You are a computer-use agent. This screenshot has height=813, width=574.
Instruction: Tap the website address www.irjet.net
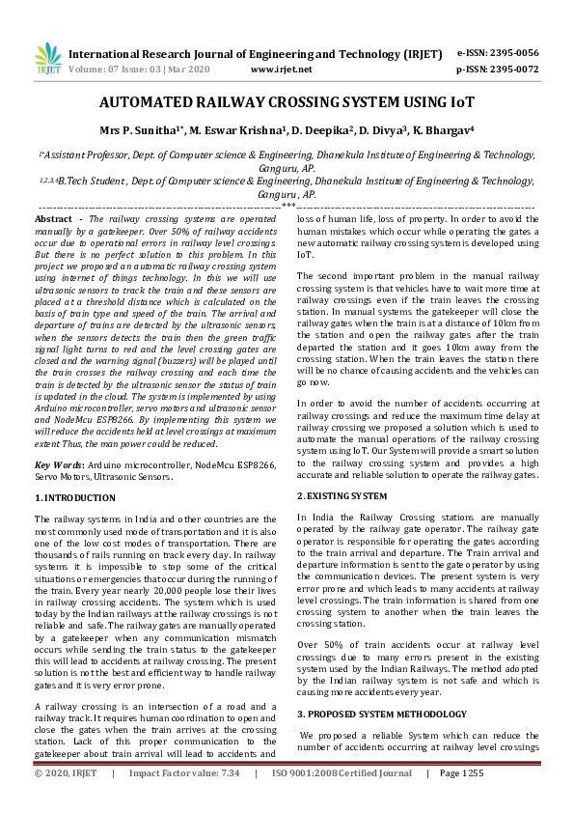pos(281,70)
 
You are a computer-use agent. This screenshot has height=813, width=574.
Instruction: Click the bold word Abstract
pos(54,221)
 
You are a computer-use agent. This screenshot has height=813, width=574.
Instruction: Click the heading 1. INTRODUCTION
pos(75,497)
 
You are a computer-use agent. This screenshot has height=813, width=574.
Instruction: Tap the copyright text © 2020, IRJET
pos(67,800)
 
